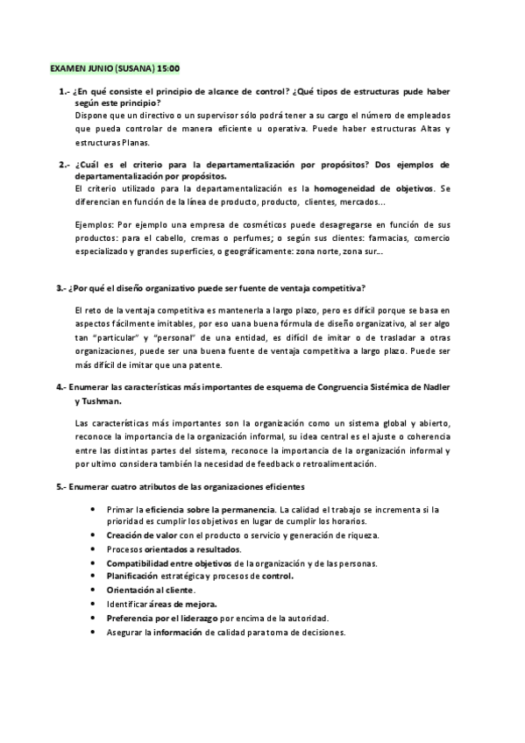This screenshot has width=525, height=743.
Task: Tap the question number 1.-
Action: [63, 91]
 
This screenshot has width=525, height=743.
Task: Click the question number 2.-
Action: [63, 165]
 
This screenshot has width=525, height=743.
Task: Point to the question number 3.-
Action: [63, 288]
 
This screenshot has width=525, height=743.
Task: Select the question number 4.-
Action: [63, 386]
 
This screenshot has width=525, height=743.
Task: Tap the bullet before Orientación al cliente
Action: [93, 591]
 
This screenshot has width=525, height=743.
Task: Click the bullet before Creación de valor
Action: [93, 535]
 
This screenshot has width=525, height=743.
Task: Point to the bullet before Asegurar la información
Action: [93, 632]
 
